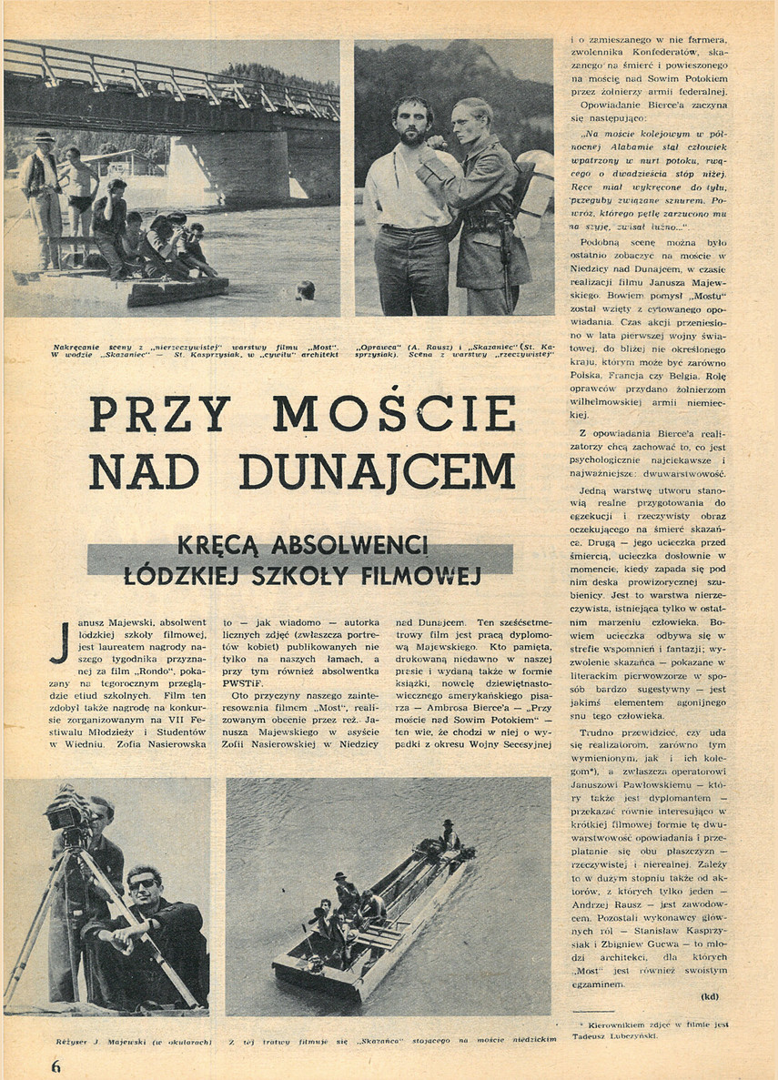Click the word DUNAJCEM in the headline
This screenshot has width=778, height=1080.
(x=378, y=470)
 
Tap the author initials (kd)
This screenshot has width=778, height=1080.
(x=711, y=995)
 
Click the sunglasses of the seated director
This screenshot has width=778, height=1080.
(x=142, y=883)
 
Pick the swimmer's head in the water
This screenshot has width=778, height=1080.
(x=306, y=289)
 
